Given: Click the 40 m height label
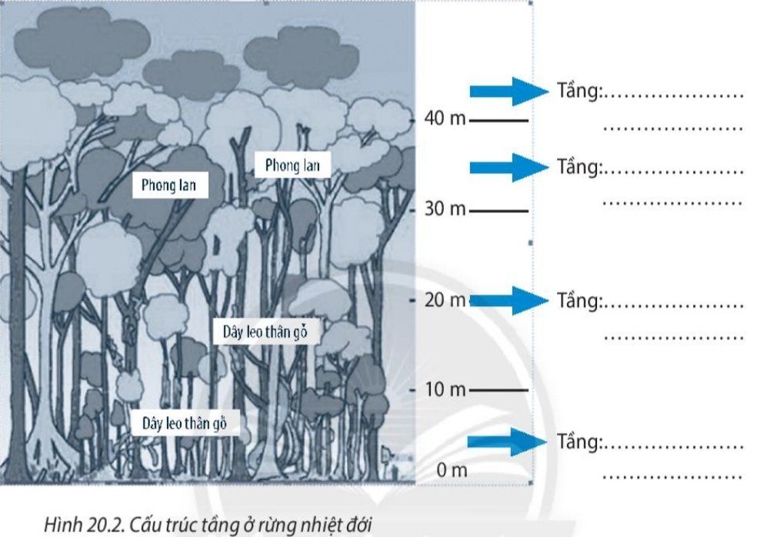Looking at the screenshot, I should coord(445,120).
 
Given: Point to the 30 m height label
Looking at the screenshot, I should coord(445,209).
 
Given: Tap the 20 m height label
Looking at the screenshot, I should coord(445,300).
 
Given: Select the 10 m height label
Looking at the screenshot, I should coord(445,390).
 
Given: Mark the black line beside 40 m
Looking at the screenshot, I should coord(499,121).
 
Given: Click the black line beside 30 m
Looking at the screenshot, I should coord(499,210).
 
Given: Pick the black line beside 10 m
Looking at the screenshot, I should coord(499,391).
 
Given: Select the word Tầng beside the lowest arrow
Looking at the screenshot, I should coord(578,443).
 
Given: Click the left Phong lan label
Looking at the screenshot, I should coord(169,185).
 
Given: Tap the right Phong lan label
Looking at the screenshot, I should coord(292,165).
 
